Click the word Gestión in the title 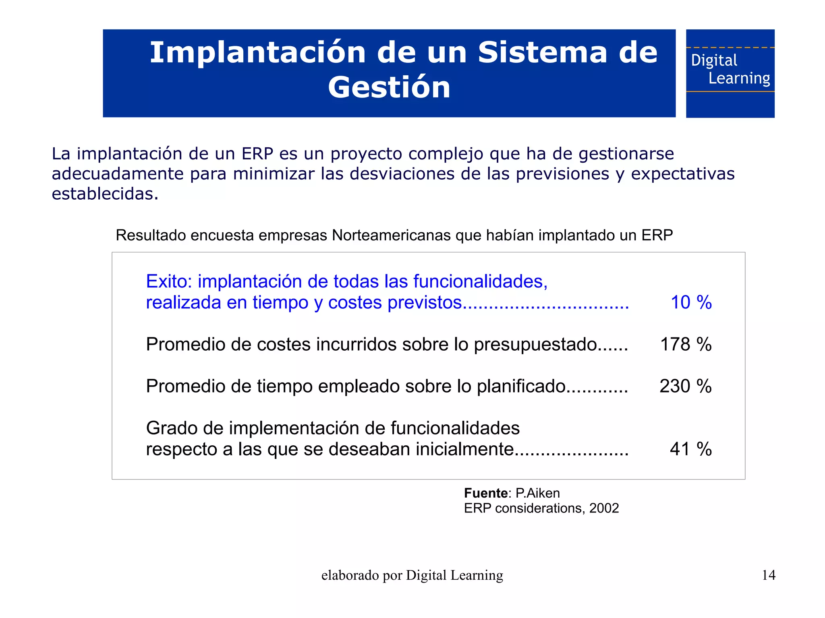[x=389, y=87]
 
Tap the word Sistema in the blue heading [x=542, y=53]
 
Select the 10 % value [x=691, y=302]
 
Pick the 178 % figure [x=686, y=345]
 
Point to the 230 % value [x=685, y=386]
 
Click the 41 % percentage [x=690, y=449]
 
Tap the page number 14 [x=769, y=575]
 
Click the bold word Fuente [x=485, y=493]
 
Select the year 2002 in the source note [x=604, y=508]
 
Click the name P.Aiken [x=537, y=493]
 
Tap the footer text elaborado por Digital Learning [x=412, y=575]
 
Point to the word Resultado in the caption [x=151, y=235]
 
